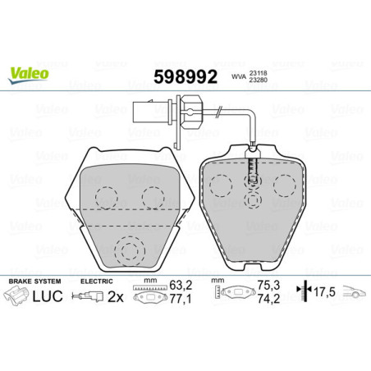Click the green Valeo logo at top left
click(29, 74)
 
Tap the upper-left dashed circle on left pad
click(104, 197)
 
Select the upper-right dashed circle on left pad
click(152, 197)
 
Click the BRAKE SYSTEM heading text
click(31, 282)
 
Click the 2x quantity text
click(116, 300)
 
